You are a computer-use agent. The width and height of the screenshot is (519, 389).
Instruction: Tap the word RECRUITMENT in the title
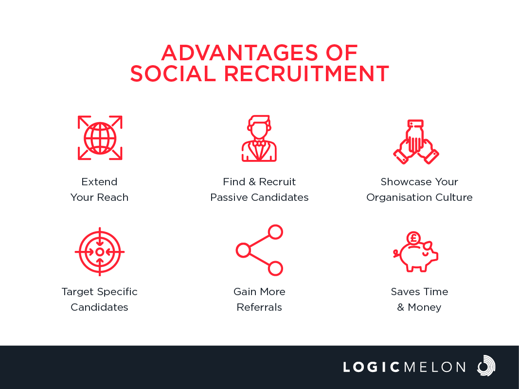click(306, 73)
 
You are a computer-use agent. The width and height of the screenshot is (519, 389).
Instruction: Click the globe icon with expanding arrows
click(100, 138)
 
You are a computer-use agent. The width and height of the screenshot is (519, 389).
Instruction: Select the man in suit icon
click(259, 138)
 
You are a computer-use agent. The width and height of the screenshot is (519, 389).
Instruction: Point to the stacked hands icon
click(416, 141)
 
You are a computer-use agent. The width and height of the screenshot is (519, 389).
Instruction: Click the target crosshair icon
click(100, 252)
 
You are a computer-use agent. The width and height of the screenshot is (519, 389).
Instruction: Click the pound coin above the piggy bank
click(413, 238)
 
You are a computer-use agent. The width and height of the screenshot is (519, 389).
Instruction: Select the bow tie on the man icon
click(259, 144)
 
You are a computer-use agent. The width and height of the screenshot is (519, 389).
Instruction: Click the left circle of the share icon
click(243, 250)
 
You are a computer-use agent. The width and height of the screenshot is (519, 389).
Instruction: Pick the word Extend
click(99, 181)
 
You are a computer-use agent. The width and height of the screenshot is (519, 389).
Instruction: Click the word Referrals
click(259, 307)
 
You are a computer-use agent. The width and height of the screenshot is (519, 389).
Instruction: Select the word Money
click(424, 307)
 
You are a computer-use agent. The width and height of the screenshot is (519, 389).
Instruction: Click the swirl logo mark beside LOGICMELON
click(486, 366)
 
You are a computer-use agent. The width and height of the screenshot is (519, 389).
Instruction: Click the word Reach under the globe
click(112, 197)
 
